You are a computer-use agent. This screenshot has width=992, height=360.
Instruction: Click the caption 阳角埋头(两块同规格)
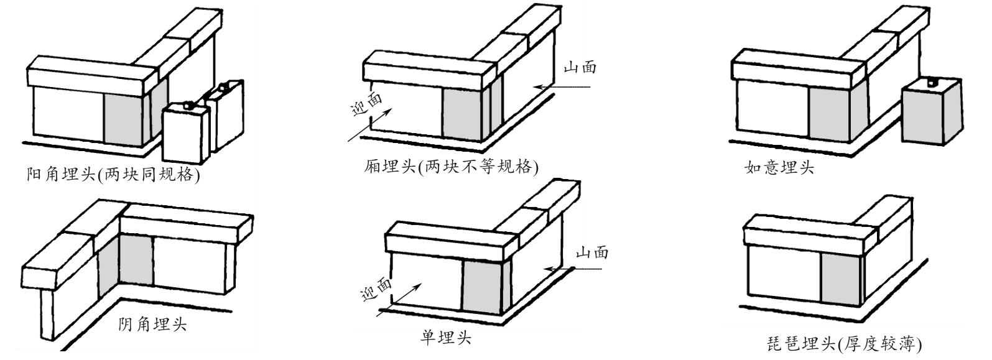pos(113,174)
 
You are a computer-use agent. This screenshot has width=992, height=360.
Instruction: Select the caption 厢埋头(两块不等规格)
pos(451,167)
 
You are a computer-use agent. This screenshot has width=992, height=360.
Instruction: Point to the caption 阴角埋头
pos(152,324)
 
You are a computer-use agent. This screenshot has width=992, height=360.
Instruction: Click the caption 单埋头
pos(446,337)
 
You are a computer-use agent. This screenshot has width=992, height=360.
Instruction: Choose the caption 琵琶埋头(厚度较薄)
pos(844,344)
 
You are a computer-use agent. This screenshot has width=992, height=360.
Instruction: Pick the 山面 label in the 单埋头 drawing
pos(591,252)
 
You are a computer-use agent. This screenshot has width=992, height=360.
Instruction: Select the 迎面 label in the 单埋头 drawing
pos(376,289)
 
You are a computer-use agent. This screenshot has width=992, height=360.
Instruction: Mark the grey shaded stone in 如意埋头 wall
pos(828,113)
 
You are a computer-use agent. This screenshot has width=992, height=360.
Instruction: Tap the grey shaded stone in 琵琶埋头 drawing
pos(838,279)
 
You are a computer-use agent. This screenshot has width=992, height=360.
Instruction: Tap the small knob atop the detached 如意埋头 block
pos(931,81)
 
